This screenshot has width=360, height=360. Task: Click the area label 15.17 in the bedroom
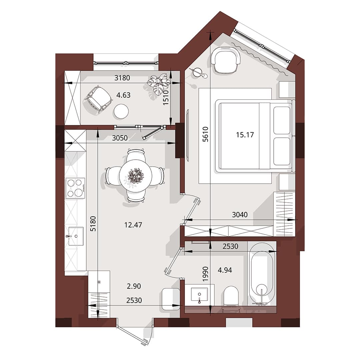coord(245,135)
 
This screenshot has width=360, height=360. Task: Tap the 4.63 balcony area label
coord(123,95)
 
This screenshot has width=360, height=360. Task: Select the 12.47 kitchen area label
coord(133,225)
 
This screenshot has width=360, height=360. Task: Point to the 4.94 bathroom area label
coord(225,270)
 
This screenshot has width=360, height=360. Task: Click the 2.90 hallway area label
coord(134,286)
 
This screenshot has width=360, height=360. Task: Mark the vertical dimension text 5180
coord(93,224)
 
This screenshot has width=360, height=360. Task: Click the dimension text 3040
coord(240,215)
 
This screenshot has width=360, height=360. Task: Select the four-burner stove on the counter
coord(75,188)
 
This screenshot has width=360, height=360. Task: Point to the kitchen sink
coord(76,236)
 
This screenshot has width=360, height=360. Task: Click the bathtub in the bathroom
coord(262,273)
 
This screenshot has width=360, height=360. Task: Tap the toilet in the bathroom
coord(231,295)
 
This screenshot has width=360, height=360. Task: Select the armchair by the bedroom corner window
coord(226,60)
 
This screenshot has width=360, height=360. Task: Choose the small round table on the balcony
coord(121,111)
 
